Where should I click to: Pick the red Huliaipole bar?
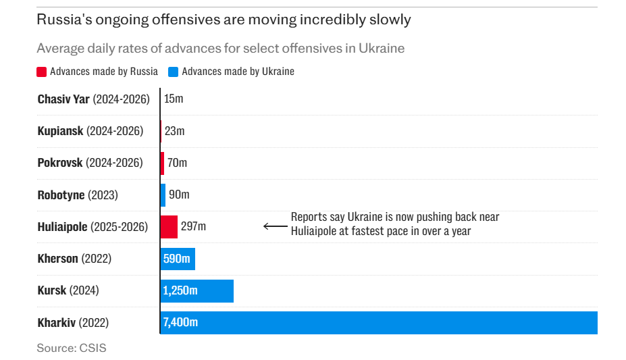pyautogui.click(x=169, y=227)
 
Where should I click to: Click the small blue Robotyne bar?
pyautogui.click(x=163, y=195)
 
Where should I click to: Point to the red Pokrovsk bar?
pyautogui.click(x=162, y=163)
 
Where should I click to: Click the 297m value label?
pyautogui.click(x=193, y=227)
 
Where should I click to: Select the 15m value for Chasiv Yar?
pyautogui.click(x=174, y=99)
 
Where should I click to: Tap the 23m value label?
pyautogui.click(x=174, y=131)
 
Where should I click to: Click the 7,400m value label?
pyautogui.click(x=180, y=322)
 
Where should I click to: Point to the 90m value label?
pyautogui.click(x=179, y=195)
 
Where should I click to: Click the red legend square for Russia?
pyautogui.click(x=42, y=72)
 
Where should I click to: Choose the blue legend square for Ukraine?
pyautogui.click(x=174, y=72)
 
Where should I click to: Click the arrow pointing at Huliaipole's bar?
pyautogui.click(x=275, y=226)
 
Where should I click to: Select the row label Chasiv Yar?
pyautogui.click(x=63, y=99)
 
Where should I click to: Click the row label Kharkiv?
pyautogui.click(x=57, y=323)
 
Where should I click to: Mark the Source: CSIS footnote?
pyautogui.click(x=72, y=349)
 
